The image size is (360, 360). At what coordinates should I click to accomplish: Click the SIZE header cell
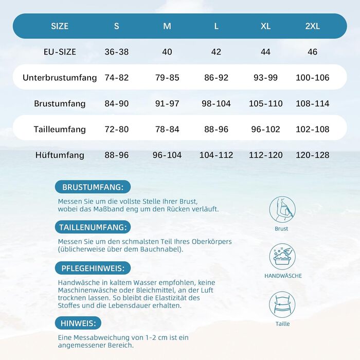point(60,26)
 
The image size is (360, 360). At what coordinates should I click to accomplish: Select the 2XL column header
point(312,26)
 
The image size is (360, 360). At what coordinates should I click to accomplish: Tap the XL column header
point(265,26)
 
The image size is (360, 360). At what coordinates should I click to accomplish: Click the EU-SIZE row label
point(60,52)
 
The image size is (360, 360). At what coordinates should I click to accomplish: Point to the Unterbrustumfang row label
point(60,78)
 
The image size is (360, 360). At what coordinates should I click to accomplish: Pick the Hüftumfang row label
point(60,155)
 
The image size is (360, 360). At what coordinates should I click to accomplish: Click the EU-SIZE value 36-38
point(117,52)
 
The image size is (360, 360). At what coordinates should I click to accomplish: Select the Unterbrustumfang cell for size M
point(167,78)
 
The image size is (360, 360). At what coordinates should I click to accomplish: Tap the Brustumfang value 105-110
point(265,103)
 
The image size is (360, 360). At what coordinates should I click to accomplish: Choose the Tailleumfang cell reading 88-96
point(216,129)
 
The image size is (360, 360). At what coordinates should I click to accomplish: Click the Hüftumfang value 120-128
point(312,155)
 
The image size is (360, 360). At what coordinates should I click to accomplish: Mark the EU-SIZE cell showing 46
point(312,52)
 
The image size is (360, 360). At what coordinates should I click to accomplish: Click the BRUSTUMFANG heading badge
point(93,187)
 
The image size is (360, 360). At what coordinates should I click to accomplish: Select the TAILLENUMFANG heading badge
point(93,227)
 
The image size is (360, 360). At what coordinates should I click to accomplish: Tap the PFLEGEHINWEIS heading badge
point(93,268)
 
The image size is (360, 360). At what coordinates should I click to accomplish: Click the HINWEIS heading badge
point(78,323)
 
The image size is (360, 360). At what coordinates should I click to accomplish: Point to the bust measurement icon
point(282,209)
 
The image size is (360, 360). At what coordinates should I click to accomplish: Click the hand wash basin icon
point(282,257)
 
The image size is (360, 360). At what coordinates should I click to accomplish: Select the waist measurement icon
point(282,304)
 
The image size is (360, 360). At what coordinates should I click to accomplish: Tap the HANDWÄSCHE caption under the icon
point(283,276)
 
